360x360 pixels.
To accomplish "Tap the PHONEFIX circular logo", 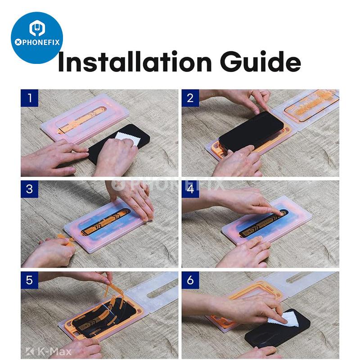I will pyautogui.click(x=36, y=38).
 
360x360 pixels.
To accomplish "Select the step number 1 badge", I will pyautogui.click(x=29, y=98).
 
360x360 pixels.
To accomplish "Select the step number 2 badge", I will pyautogui.click(x=190, y=98).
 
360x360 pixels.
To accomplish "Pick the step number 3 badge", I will pyautogui.click(x=29, y=189).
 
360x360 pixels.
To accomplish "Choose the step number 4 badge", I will pyautogui.click(x=190, y=189).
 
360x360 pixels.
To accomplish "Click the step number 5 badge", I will pyautogui.click(x=29, y=280).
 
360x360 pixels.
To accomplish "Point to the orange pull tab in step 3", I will pyautogui.click(x=65, y=238).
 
